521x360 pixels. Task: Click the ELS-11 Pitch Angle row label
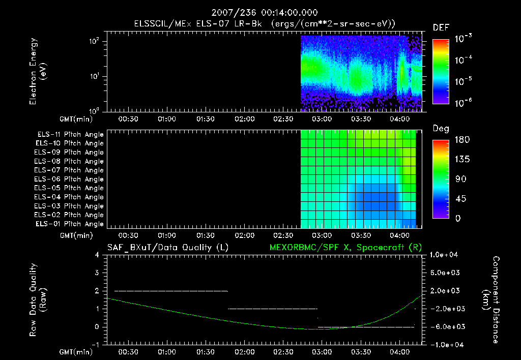pos(69,134)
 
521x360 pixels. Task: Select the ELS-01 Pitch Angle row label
pos(69,224)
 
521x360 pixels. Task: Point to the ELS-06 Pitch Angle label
pos(69,179)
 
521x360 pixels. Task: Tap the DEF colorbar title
pos(441,28)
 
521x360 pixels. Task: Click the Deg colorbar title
pos(441,129)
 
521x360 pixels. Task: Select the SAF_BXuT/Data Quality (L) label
pos(167,248)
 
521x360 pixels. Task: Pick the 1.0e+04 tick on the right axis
pos(446,255)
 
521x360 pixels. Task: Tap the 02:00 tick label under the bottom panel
pos(245,352)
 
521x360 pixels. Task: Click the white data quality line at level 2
pos(171,291)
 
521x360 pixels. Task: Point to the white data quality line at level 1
pos(273,309)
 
